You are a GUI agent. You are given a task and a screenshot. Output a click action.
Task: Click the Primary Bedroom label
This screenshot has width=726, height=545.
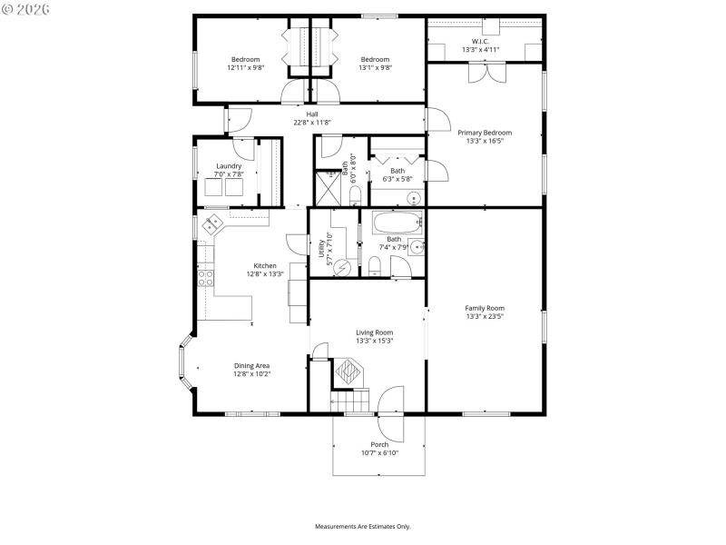(x=485, y=133)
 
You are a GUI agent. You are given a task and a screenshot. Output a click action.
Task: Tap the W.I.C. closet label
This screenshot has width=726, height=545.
(x=481, y=41)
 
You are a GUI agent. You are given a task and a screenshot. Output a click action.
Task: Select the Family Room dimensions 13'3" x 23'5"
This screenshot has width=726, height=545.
(x=485, y=316)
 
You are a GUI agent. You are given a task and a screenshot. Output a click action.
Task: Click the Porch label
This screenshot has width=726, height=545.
(x=379, y=444)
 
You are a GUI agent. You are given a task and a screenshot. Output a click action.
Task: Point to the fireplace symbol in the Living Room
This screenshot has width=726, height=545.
(x=348, y=371)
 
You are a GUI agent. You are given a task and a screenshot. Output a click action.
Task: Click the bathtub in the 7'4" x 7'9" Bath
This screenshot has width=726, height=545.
(x=392, y=223)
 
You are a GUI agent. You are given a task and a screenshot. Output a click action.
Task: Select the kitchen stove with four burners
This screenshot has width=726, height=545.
(x=206, y=276)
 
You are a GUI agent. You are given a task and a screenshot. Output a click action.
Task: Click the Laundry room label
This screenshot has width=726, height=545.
(x=228, y=166)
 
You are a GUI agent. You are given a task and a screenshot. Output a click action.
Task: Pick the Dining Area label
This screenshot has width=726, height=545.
(x=252, y=365)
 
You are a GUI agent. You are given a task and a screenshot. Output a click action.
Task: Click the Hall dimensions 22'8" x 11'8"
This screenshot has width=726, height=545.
(x=312, y=122)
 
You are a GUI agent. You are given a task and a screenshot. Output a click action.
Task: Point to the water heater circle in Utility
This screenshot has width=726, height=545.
(x=343, y=266)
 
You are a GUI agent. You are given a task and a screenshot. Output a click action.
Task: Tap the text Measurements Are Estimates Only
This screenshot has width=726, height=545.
(x=363, y=527)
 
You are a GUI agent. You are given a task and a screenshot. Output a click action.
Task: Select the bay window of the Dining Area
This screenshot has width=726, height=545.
(x=185, y=366)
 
